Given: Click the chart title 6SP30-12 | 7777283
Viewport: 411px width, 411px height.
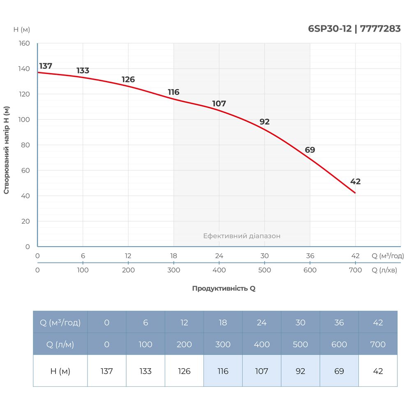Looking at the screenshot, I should pyautogui.click(x=354, y=29).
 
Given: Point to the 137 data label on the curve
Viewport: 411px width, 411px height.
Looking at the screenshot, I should pyautogui.click(x=46, y=66).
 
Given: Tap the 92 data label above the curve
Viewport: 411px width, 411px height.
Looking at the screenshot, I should pyautogui.click(x=264, y=122).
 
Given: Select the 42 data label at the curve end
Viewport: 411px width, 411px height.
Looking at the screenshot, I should pyautogui.click(x=355, y=182).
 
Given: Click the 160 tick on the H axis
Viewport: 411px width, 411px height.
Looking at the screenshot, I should pyautogui.click(x=25, y=43).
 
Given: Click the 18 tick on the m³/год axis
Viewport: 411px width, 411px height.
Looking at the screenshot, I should pyautogui.click(x=174, y=256).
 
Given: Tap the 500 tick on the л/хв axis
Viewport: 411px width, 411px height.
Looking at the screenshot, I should pyautogui.click(x=265, y=270).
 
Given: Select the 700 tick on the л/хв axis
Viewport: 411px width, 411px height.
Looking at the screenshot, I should pyautogui.click(x=355, y=270).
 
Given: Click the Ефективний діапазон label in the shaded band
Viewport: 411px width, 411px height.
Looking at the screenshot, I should pyautogui.click(x=242, y=236).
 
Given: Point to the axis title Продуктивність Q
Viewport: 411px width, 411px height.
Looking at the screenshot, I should pyautogui.click(x=224, y=289).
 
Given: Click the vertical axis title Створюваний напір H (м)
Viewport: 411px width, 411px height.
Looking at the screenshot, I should pyautogui.click(x=7, y=150).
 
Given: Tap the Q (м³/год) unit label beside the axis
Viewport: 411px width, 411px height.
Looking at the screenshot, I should pyautogui.click(x=388, y=256).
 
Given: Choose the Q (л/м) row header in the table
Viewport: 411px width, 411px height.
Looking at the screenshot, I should pyautogui.click(x=60, y=344).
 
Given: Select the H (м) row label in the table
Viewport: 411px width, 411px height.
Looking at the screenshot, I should pyautogui.click(x=60, y=371).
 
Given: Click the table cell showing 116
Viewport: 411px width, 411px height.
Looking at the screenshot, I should pyautogui.click(x=223, y=371).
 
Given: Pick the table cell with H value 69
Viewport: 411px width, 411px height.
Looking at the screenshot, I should pyautogui.click(x=339, y=371).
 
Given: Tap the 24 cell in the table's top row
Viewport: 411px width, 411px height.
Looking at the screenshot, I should pyautogui.click(x=261, y=323).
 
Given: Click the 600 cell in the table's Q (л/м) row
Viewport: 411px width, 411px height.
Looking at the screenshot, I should pyautogui.click(x=339, y=344).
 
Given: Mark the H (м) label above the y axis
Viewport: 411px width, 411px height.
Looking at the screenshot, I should pyautogui.click(x=22, y=30).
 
